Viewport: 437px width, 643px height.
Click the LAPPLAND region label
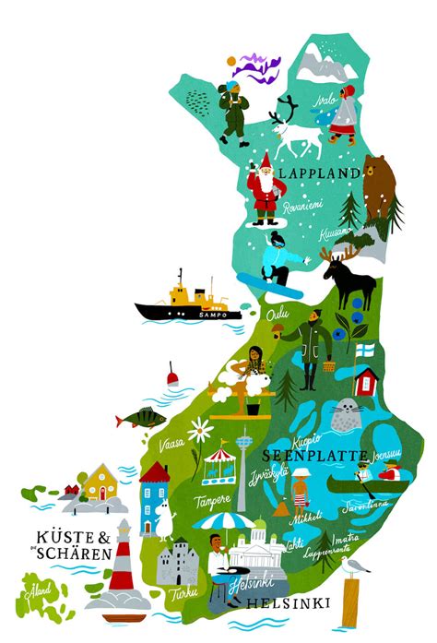click(320, 173)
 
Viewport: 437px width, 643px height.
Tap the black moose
click(351, 280)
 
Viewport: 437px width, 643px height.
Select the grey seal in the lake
click(345, 414)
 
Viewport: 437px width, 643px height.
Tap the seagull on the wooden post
click(354, 565)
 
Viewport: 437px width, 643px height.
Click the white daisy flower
click(199, 431)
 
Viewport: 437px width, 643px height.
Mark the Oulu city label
click(277, 316)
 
